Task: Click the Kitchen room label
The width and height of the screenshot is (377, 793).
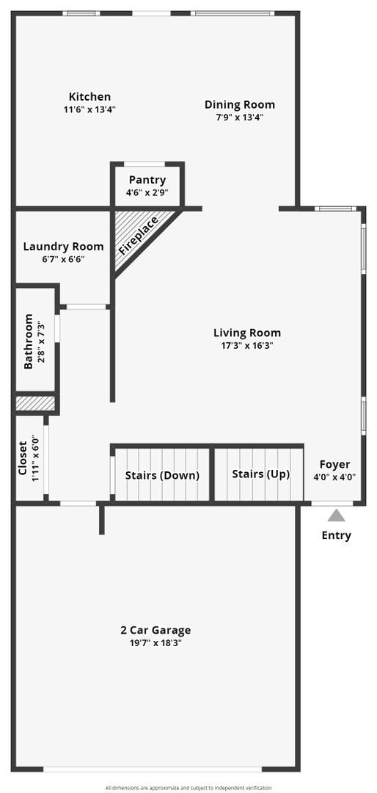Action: coord(89,97)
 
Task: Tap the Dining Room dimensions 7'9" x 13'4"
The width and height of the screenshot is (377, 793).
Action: coord(239,117)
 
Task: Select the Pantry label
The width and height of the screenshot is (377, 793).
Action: coord(147,180)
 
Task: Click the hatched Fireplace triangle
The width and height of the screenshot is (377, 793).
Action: coord(136,235)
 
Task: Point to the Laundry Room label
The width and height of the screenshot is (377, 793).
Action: coord(63,247)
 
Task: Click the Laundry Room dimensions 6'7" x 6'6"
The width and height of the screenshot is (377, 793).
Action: coord(63,259)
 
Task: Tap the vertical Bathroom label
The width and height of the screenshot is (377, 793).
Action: coord(29,341)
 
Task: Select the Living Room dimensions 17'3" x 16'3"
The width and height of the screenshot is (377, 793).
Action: coord(246,345)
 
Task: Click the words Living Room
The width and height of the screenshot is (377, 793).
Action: coord(246,333)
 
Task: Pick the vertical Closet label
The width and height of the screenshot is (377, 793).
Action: coord(22,459)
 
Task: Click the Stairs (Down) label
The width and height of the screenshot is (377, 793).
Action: coord(162,475)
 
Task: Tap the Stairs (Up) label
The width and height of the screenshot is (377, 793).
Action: coord(260,474)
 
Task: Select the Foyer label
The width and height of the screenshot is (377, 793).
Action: coord(334,465)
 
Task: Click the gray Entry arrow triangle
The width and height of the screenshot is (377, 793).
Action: coord(336,515)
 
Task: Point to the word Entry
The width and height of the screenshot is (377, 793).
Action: coord(336,535)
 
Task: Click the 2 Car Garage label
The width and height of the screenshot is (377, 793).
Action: coord(155,630)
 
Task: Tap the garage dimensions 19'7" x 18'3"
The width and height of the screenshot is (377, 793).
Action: coord(155,642)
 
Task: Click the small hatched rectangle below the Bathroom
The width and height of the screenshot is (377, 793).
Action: coord(35,403)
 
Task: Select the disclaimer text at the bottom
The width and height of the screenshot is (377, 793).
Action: coord(188,787)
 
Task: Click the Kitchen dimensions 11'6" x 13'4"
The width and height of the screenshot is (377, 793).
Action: coord(89,109)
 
